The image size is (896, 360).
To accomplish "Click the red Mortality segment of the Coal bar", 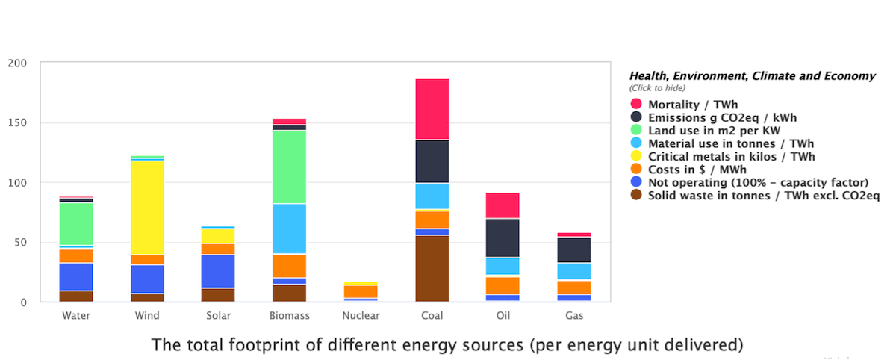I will click(x=432, y=109).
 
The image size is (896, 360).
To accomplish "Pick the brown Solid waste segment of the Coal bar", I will click(x=432, y=268).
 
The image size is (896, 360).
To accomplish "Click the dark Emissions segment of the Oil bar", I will click(x=503, y=238).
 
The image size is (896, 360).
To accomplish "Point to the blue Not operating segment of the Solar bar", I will click(x=218, y=271).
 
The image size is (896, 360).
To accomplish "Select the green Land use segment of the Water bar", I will click(x=76, y=223).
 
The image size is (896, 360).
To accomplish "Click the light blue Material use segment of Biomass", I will click(x=289, y=229).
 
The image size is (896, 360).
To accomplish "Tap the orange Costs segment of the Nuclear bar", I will click(x=361, y=291).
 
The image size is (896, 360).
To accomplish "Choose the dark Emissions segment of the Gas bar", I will click(x=573, y=250).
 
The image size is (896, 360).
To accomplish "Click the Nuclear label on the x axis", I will click(x=361, y=316).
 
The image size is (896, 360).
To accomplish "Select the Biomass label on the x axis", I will click(x=289, y=316).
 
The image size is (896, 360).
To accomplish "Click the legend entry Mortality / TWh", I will click(x=688, y=104).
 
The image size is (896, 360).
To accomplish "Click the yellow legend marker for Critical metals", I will click(x=636, y=156).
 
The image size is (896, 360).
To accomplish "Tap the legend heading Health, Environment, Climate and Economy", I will click(x=752, y=76).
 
